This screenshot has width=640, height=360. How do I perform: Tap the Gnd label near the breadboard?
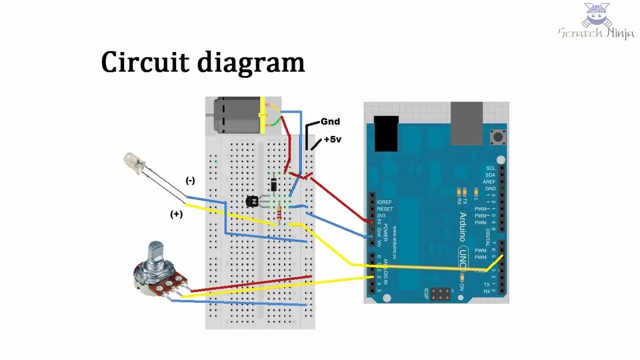pos(330,121)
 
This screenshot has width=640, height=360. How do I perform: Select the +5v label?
pos(332,139)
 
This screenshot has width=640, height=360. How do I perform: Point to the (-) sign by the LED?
pos(190,181)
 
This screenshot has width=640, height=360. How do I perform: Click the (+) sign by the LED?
pos(176,214)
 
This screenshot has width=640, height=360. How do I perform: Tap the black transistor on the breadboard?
pos(252,201)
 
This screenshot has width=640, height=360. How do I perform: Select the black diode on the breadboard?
pos(274,184)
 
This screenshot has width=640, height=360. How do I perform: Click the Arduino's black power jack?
pos(385,133)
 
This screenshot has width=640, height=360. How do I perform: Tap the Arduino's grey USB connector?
pos(466,123)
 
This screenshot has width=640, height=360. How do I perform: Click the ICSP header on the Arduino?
pos(440,294)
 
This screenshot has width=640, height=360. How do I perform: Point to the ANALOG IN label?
pos(385,274)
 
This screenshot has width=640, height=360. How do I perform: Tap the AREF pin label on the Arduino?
pos(490,182)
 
